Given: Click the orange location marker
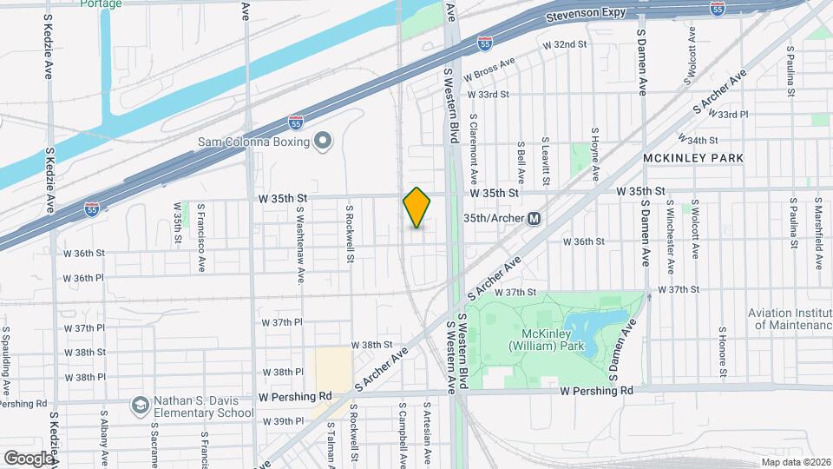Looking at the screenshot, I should point(417,208).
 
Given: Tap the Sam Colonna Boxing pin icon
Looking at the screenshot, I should point(324,140).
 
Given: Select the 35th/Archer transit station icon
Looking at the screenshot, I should point(535,218).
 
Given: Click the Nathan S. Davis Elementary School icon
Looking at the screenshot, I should point(139,406).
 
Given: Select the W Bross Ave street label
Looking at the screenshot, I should point(490,69).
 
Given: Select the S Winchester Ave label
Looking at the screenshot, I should point(670,230).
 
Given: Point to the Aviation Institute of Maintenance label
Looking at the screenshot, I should point(791,319).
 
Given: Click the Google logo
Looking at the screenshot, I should point(28,458).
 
